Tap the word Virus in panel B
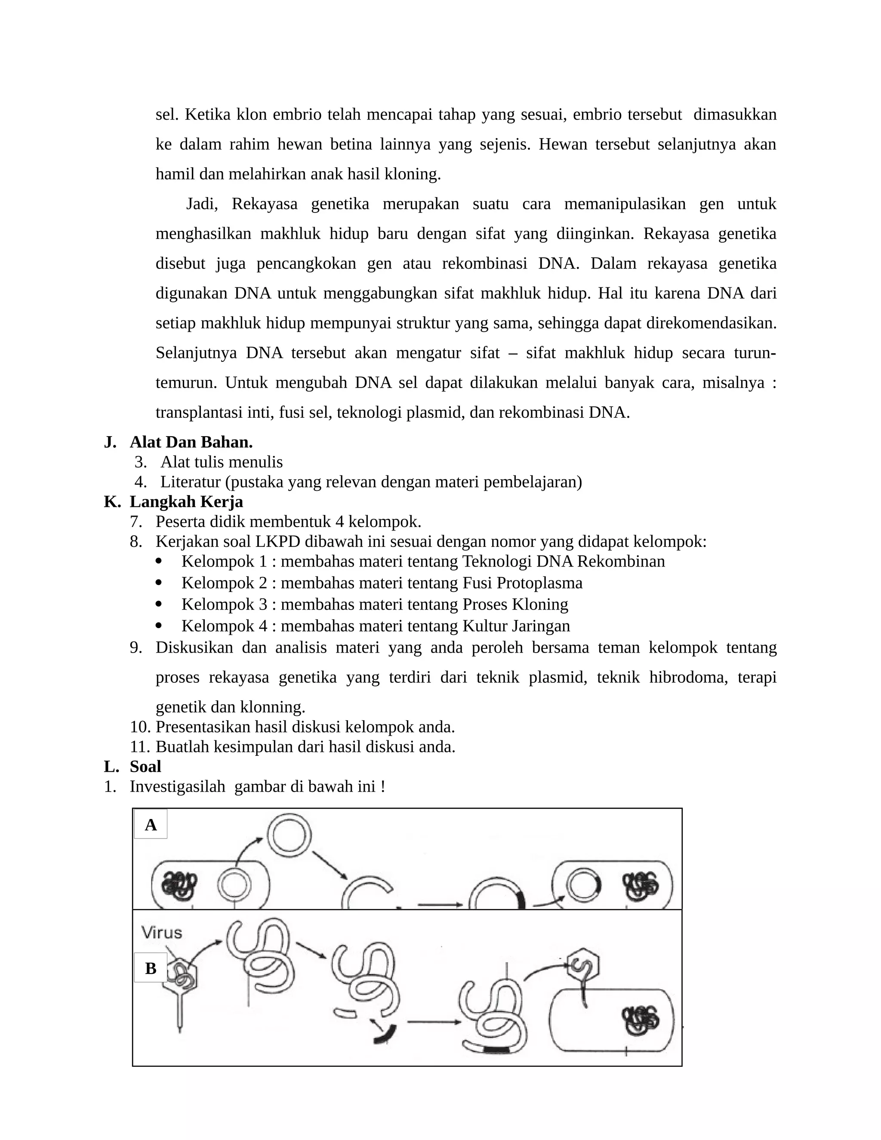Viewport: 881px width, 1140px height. click(162, 933)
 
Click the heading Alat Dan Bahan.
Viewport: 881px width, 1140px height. click(191, 442)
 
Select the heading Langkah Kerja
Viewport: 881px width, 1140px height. click(186, 502)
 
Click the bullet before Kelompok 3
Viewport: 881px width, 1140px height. click(159, 604)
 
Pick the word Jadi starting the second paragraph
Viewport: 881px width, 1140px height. click(201, 203)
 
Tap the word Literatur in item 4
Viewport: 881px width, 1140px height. click(191, 482)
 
